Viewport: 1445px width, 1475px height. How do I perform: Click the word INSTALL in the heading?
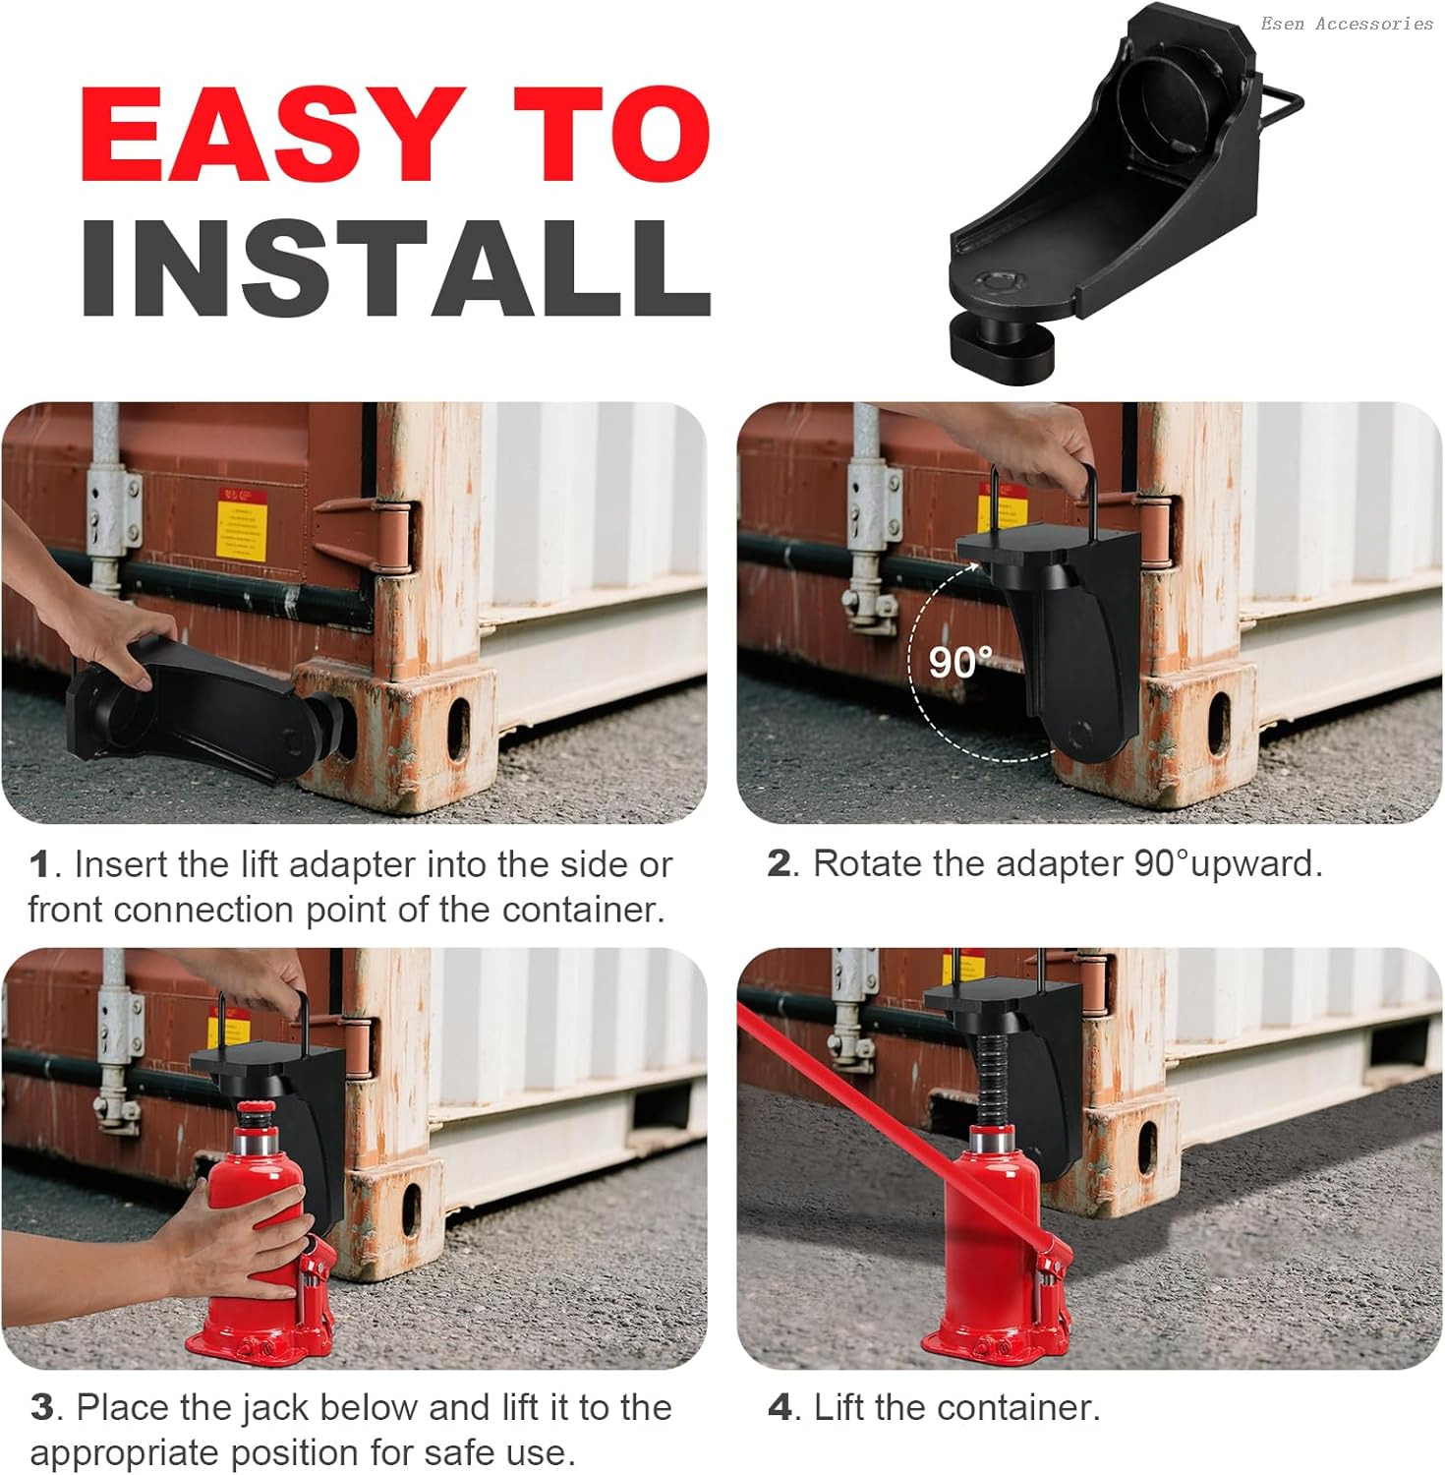click(396, 267)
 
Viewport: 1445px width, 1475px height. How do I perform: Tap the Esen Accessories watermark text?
click(1347, 24)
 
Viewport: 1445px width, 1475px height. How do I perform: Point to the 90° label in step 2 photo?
click(960, 662)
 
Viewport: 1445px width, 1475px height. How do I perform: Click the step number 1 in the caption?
click(39, 865)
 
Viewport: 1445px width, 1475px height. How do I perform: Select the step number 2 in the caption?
click(779, 864)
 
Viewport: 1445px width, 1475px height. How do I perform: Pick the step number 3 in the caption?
click(42, 1407)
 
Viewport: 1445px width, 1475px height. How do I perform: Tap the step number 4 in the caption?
click(780, 1407)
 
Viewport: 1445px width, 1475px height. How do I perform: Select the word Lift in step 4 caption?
click(838, 1407)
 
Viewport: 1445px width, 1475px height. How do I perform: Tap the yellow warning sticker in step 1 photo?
click(242, 521)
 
